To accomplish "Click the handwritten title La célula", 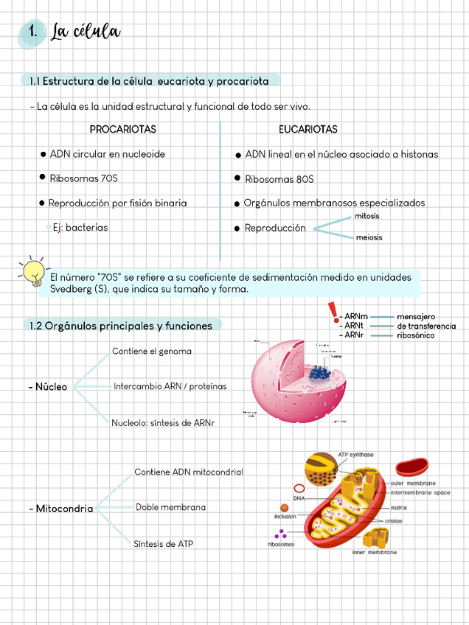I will (85, 32).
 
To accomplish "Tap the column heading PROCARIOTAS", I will (122, 130).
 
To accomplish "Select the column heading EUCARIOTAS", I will (308, 130).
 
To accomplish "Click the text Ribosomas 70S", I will (83, 178).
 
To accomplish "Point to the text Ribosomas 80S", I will (279, 179).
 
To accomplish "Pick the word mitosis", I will (366, 216).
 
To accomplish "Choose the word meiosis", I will (369, 238).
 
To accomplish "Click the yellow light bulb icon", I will (32, 271).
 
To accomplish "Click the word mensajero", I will (416, 316).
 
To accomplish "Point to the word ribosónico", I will (415, 335).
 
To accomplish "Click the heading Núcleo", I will (49, 387).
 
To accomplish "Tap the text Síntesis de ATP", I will (164, 544).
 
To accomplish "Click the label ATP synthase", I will (355, 455).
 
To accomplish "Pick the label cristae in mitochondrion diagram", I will (393, 520).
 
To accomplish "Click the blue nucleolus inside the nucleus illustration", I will (319, 372).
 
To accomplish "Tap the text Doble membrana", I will (170, 507).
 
